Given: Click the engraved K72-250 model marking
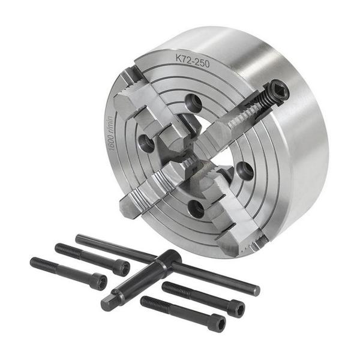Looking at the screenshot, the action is tap(193, 61).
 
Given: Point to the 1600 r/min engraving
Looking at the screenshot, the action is tap(110, 133).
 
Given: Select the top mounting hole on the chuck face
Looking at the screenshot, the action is tap(193, 101).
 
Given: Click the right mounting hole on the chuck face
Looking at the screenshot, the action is tap(245, 170).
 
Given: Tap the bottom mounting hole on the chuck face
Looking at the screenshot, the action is tap(196, 208).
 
